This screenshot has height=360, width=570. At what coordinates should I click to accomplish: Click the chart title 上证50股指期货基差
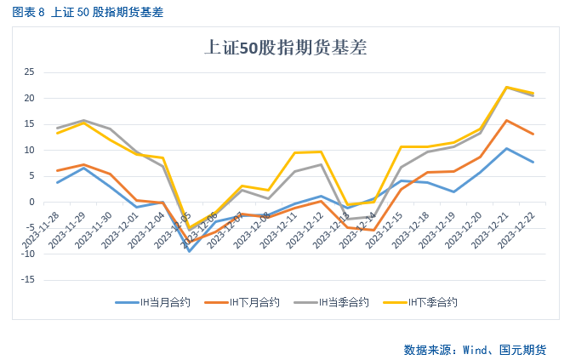click(286, 48)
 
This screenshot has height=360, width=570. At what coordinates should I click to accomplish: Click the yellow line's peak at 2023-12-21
click(507, 87)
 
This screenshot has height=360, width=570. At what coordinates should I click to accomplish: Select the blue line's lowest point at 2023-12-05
click(189, 251)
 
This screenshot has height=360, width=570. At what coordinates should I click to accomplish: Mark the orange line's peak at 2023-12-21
click(507, 120)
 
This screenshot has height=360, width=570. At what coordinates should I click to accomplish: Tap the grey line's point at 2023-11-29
click(83, 120)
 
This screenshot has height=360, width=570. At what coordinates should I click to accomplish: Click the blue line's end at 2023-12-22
click(533, 162)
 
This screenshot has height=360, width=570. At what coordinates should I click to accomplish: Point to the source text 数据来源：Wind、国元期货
click(474, 349)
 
